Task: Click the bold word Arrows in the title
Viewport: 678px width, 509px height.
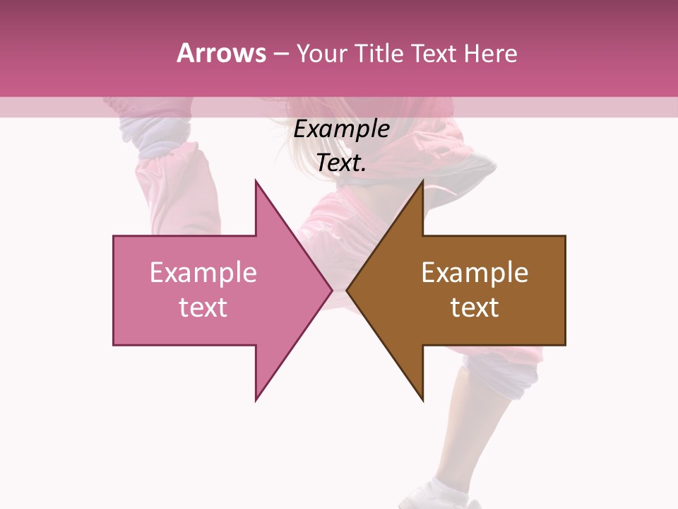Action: [221, 54]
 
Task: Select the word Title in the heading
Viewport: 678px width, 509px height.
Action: [379, 54]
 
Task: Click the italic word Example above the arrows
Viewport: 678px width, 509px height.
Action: [342, 129]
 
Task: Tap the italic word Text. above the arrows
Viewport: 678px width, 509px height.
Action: [342, 163]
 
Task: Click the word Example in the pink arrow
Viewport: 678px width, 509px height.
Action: [203, 273]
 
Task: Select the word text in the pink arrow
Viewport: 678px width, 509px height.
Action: [203, 308]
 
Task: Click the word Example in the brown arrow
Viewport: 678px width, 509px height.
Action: [475, 273]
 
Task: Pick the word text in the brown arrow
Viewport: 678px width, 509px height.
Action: [475, 308]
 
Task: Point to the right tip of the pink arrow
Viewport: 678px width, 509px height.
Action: [331, 290]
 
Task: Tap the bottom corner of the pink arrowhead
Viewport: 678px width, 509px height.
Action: [256, 399]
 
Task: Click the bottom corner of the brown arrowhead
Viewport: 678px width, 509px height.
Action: [422, 399]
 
